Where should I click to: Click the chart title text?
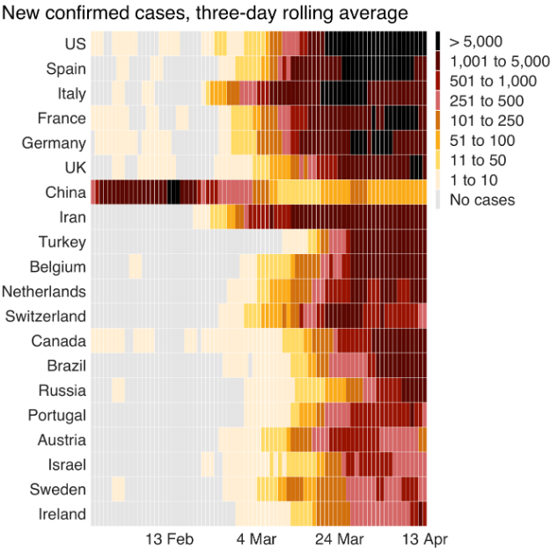[x=206, y=13]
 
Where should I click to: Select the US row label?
[x=75, y=44]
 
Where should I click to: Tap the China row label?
[x=65, y=193]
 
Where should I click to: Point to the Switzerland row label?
[x=45, y=316]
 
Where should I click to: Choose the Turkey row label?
[x=62, y=242]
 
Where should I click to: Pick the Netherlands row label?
[x=44, y=291]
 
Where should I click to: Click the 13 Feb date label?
[x=169, y=539]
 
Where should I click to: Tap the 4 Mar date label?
[x=256, y=539]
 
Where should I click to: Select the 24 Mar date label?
[x=338, y=539]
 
